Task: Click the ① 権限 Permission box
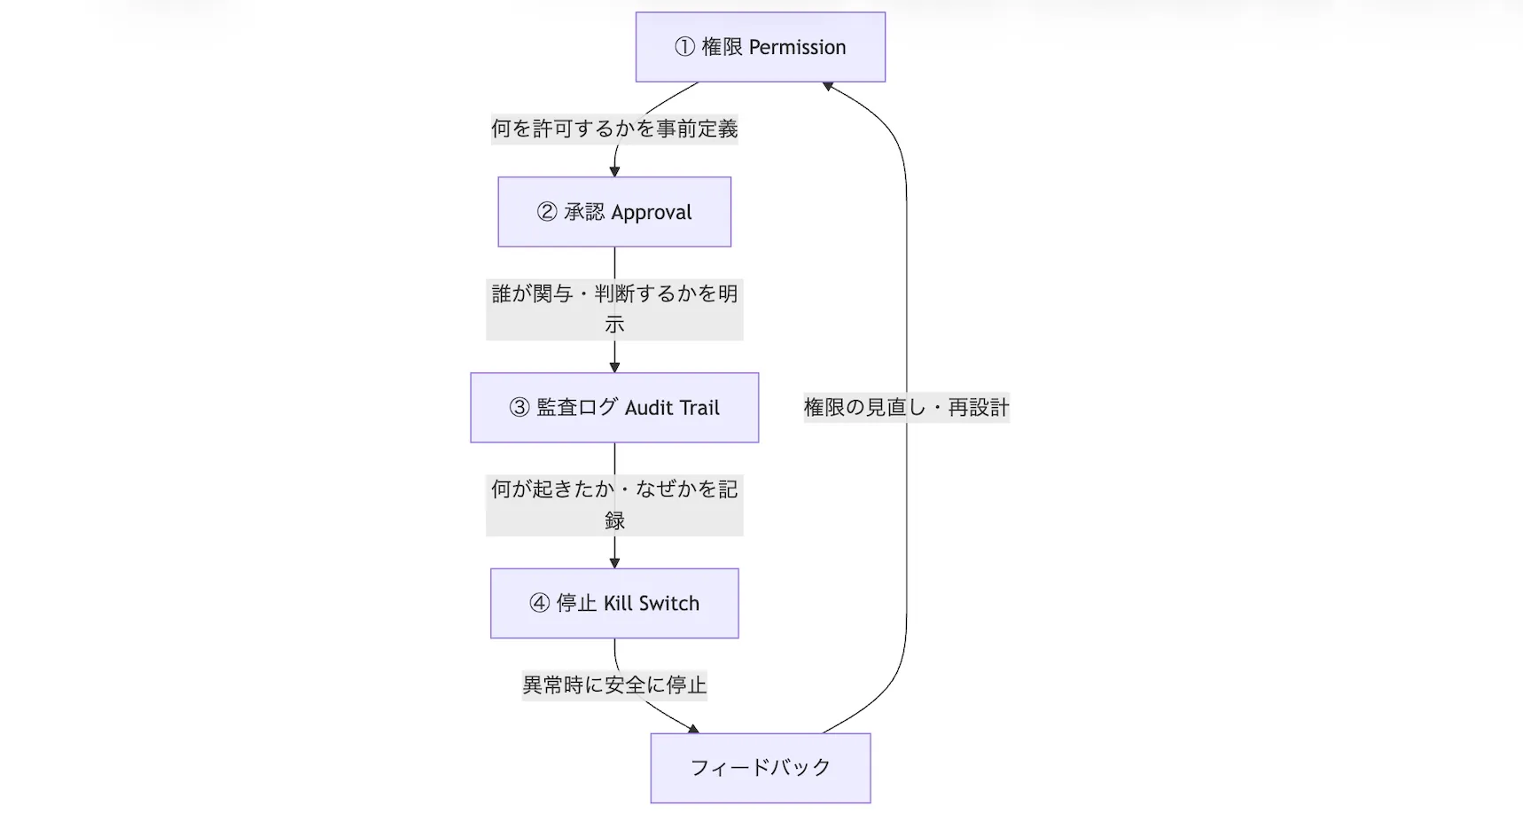(760, 47)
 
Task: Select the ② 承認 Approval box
(614, 212)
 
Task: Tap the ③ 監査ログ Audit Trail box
(614, 408)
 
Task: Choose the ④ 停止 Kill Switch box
(614, 603)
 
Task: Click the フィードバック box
(760, 768)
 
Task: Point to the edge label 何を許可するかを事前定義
(614, 129)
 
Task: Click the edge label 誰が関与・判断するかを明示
(614, 309)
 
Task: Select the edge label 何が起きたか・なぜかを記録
(614, 505)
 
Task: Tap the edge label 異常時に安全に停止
(614, 685)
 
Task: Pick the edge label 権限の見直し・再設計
(906, 408)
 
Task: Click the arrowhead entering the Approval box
(614, 172)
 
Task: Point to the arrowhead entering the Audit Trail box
(614, 368)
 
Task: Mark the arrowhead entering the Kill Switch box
(614, 563)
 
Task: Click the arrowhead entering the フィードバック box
(693, 729)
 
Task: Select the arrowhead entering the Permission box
(828, 86)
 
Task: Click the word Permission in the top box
(797, 47)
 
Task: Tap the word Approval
(652, 213)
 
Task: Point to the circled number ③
(519, 408)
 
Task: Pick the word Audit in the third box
(650, 408)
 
